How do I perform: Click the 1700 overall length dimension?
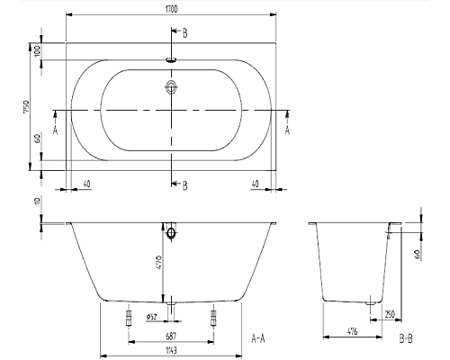[171, 8]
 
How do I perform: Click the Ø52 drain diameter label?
[151, 316]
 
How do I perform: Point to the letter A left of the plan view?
[56, 130]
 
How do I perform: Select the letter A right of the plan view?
[288, 130]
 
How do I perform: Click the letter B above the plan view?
[184, 33]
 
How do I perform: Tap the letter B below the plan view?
[184, 185]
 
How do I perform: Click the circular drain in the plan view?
[171, 88]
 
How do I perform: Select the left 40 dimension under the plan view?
[86, 184]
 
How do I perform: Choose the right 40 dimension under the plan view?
[256, 184]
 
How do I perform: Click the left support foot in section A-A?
[128, 316]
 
